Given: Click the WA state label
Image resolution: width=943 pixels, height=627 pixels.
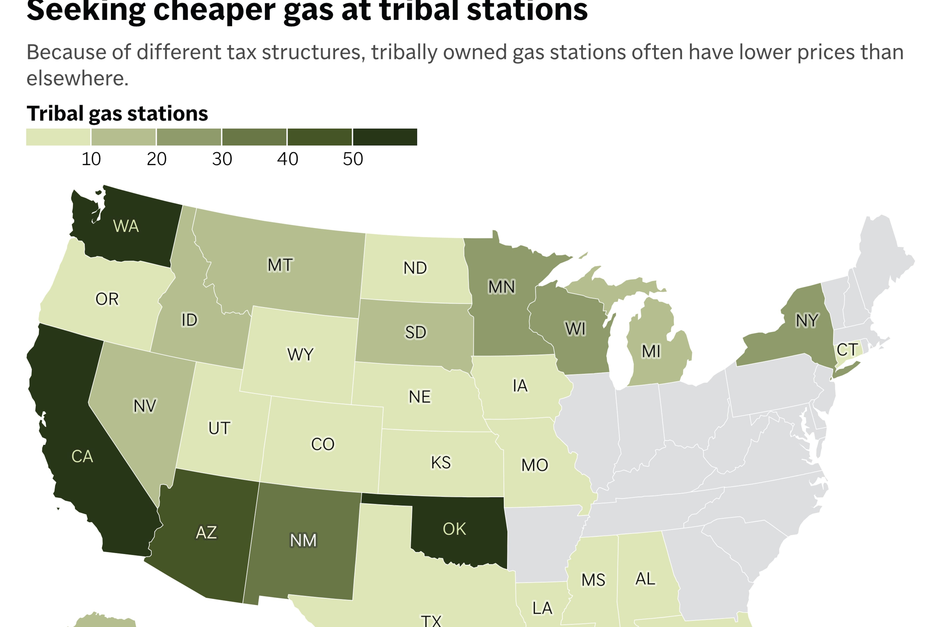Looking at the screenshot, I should click(126, 226).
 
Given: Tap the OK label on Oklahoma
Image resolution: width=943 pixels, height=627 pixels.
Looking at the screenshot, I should click(454, 529).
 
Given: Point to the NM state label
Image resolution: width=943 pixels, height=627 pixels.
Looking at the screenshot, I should click(303, 540).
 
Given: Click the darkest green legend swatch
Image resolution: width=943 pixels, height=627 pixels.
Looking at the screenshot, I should click(385, 137).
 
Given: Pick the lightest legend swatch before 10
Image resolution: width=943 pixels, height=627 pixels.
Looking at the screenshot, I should click(58, 137).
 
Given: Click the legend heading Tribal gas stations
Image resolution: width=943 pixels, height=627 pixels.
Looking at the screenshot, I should click(117, 113).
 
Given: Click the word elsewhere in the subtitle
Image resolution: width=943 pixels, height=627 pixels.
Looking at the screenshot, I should click(77, 78).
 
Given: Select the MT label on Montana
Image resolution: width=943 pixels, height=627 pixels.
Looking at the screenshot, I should click(280, 265).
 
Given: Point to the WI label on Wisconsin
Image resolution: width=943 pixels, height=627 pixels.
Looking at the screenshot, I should click(575, 329).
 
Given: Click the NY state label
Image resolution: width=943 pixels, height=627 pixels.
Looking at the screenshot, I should click(807, 320).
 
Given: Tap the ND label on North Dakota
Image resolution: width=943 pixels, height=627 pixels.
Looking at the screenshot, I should click(415, 268).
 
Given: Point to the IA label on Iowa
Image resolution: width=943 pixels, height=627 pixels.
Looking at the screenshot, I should click(520, 386).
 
